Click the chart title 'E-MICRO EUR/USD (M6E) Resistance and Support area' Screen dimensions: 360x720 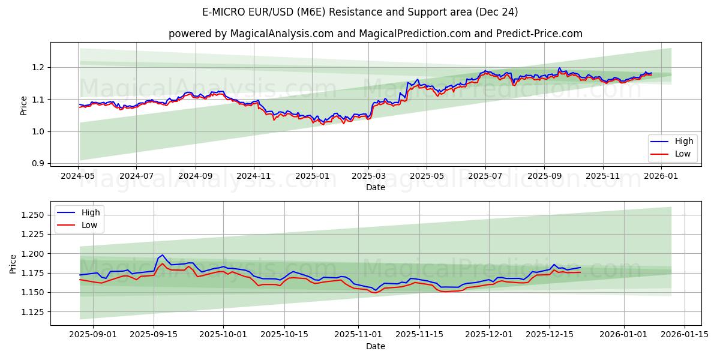point(360,12)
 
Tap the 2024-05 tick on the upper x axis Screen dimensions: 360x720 point(78,176)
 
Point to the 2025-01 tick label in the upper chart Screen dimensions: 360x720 point(312,176)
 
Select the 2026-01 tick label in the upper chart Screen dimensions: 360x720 point(662,176)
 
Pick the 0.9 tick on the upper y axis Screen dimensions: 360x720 point(38,163)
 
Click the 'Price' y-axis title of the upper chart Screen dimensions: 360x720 point(23,105)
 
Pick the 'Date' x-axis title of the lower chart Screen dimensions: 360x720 point(376,346)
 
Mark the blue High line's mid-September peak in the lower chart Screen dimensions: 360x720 point(162,255)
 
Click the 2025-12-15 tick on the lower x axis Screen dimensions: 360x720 point(550,334)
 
